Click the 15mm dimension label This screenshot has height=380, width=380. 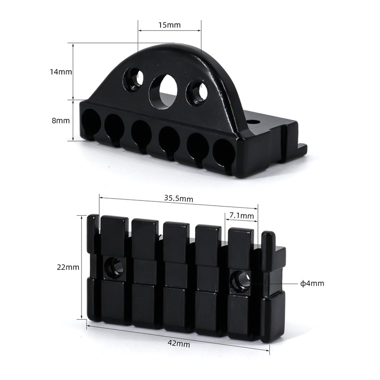click(x=170, y=25)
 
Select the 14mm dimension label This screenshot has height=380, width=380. click(x=61, y=72)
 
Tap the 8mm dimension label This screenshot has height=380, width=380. click(x=60, y=121)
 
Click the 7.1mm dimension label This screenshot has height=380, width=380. click(x=241, y=216)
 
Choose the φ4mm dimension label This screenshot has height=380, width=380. click(x=312, y=284)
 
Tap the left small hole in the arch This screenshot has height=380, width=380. click(x=133, y=79)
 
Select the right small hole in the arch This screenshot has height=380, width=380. click(x=197, y=92)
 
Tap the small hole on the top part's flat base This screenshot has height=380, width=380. click(x=253, y=122)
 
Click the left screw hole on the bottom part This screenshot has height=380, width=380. click(x=114, y=268)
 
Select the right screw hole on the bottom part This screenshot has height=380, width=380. click(x=240, y=281)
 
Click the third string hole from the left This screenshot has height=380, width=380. click(x=141, y=133)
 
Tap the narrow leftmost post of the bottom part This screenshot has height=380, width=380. click(x=93, y=233)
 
